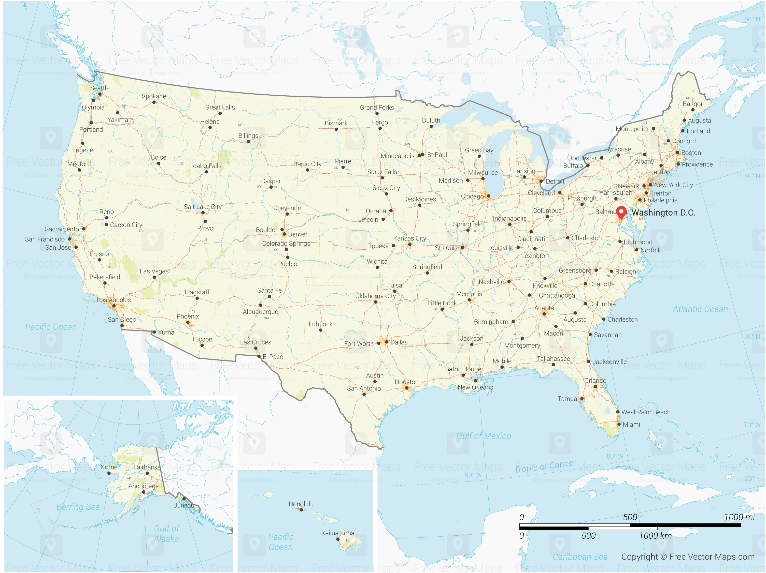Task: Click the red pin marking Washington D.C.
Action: pyautogui.click(x=621, y=212)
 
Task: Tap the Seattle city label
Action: pyautogui.click(x=100, y=88)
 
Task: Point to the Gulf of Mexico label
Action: pyautogui.click(x=484, y=436)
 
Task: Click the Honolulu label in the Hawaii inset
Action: pyautogui.click(x=301, y=504)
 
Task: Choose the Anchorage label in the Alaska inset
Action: pyautogui.click(x=143, y=486)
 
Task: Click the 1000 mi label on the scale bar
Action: pyautogui.click(x=739, y=517)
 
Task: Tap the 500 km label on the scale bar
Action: pyautogui.click(x=588, y=536)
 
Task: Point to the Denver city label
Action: pyautogui.click(x=297, y=234)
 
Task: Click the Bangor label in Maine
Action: pyautogui.click(x=693, y=104)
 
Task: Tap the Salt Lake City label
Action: pyautogui.click(x=203, y=207)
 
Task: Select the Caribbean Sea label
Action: pyautogui.click(x=580, y=557)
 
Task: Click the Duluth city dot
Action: pyautogui.click(x=431, y=126)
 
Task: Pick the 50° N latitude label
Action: pyautogui.click(x=752, y=19)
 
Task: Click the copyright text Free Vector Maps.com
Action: pyautogui.click(x=688, y=557)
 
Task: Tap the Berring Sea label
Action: pyautogui.click(x=78, y=507)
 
